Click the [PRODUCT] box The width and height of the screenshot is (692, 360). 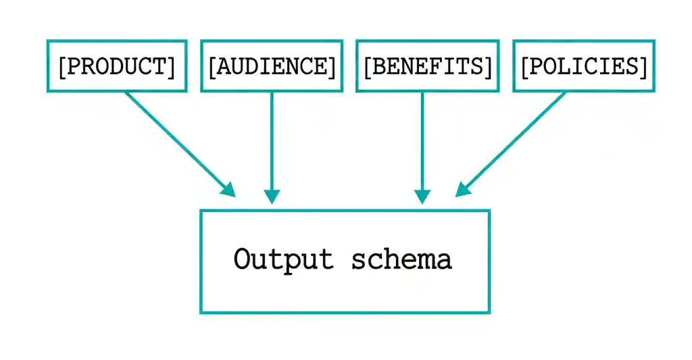[x=116, y=66]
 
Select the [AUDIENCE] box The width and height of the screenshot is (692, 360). [x=272, y=66]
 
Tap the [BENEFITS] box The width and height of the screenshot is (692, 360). [x=427, y=66]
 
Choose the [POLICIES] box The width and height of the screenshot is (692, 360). [x=584, y=66]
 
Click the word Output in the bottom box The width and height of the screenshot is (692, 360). [x=284, y=259]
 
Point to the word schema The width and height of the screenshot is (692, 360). [x=401, y=259]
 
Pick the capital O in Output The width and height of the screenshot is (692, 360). [x=242, y=259]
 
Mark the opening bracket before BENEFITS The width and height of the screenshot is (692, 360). [x=368, y=66]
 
